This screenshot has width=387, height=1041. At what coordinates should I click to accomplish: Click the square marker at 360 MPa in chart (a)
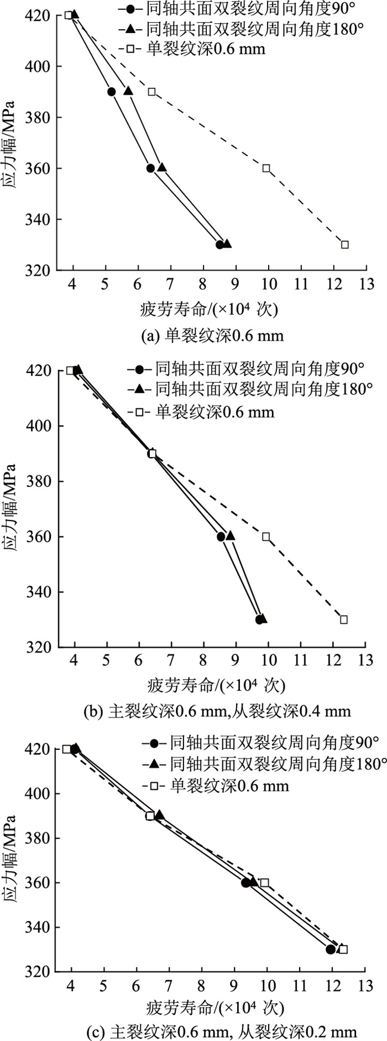point(266,168)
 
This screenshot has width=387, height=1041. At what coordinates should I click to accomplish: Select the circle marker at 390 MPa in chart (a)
point(112,92)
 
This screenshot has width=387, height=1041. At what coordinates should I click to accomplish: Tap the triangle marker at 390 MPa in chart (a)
point(128,91)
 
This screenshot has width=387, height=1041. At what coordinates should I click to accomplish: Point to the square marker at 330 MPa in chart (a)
point(345,244)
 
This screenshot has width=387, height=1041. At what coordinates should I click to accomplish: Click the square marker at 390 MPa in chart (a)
point(152,92)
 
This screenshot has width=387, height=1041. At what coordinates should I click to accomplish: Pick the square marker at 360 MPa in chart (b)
point(266,537)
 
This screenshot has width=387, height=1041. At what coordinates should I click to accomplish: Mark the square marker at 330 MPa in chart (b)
point(344,619)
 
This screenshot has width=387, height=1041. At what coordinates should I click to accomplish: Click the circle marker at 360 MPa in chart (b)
point(221,537)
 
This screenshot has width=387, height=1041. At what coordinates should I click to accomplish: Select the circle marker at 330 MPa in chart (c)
point(331,949)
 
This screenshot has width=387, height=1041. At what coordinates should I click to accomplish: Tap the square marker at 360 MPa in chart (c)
point(265,882)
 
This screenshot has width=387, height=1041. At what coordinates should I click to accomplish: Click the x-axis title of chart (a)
point(208,309)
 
